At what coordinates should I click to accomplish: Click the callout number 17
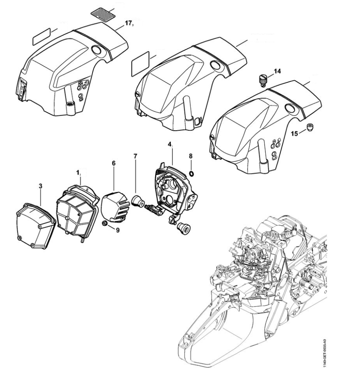point(128,23)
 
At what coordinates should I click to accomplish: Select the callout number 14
point(277,71)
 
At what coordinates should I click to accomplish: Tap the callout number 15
point(295,133)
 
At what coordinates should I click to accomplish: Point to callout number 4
point(170,144)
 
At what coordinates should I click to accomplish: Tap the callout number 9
point(118,231)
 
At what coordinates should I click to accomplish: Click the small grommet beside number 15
point(309,127)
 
